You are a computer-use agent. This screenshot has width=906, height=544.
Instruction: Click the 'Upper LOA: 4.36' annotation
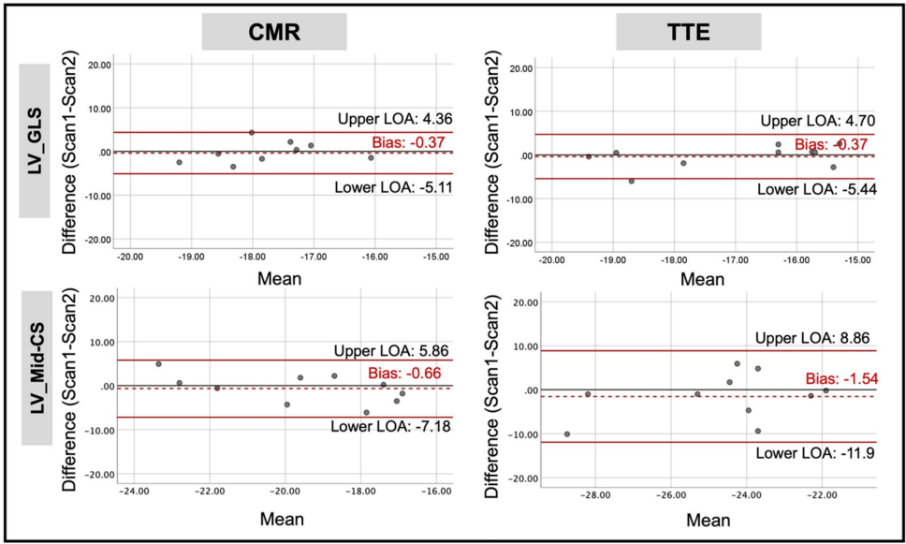tap(394, 119)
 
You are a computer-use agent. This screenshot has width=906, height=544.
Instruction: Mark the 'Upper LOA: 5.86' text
tap(394, 350)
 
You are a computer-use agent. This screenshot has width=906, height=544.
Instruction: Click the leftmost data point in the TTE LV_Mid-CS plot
tap(567, 434)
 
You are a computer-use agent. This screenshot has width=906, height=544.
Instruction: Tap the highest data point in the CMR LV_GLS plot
tap(252, 133)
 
